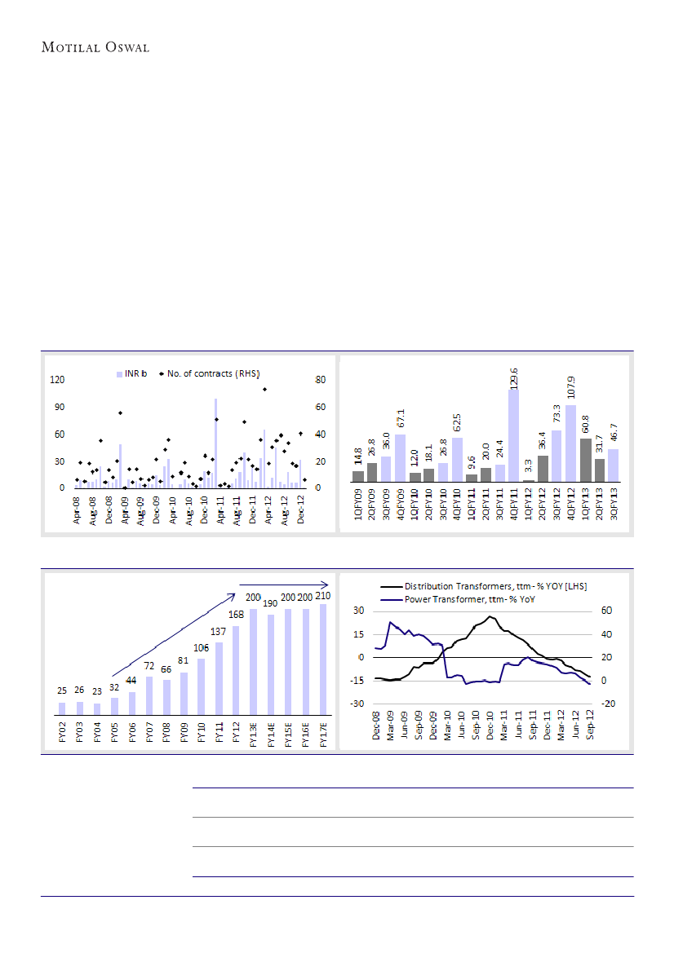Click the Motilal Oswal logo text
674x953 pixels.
coord(95,47)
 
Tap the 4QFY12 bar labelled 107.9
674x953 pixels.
coord(570,444)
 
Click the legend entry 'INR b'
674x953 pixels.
coord(135,373)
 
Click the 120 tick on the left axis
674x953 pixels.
coord(57,380)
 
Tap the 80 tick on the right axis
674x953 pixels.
coord(321,380)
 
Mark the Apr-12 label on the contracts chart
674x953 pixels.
coord(268,509)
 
